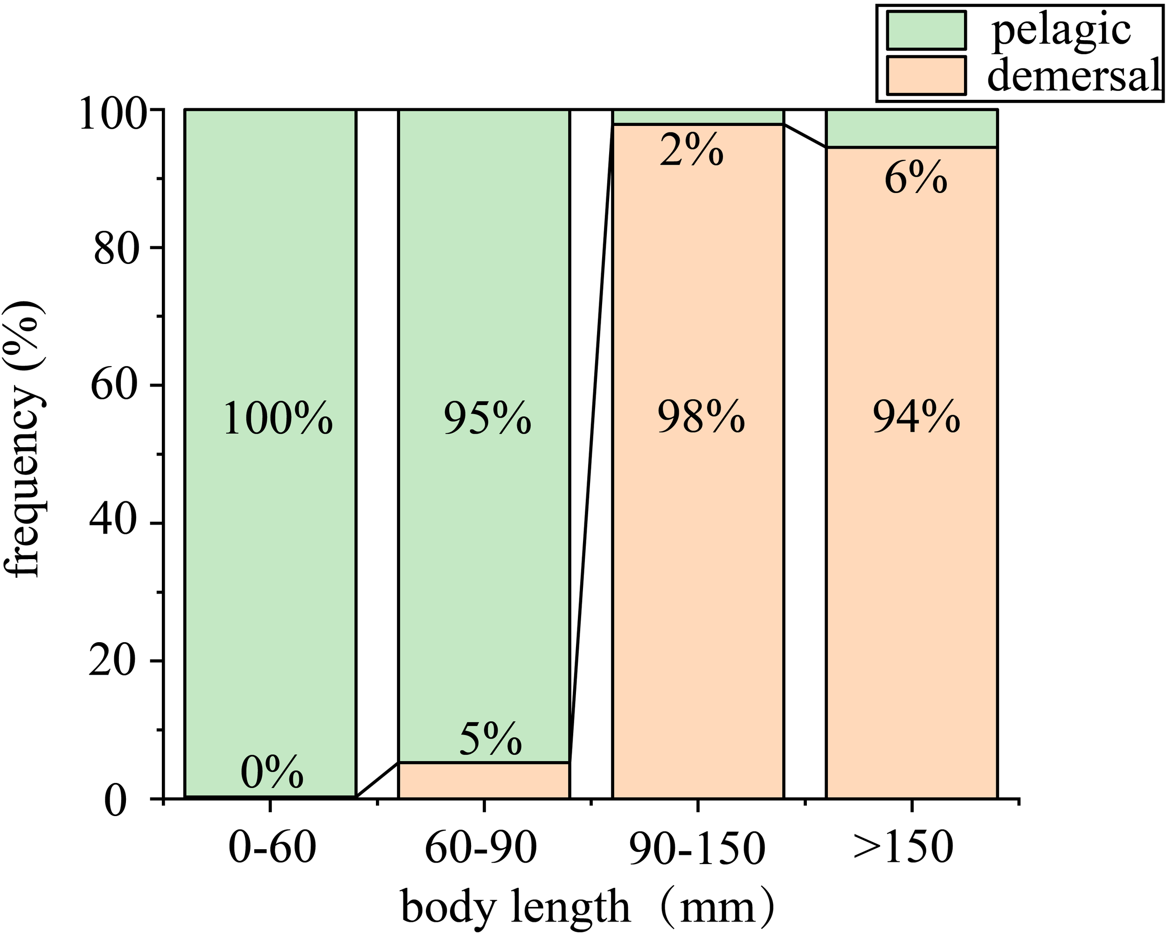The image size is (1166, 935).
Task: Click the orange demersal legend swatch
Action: (926, 76)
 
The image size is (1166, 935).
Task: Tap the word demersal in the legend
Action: (1074, 76)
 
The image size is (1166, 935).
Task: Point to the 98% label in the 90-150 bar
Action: (701, 417)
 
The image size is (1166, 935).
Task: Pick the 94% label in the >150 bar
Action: (916, 417)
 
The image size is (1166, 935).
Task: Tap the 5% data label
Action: (491, 739)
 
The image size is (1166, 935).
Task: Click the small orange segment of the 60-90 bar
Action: (484, 780)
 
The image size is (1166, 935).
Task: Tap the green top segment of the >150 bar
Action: (912, 128)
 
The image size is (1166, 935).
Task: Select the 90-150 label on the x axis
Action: (698, 847)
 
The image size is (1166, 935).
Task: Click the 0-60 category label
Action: (272, 847)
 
